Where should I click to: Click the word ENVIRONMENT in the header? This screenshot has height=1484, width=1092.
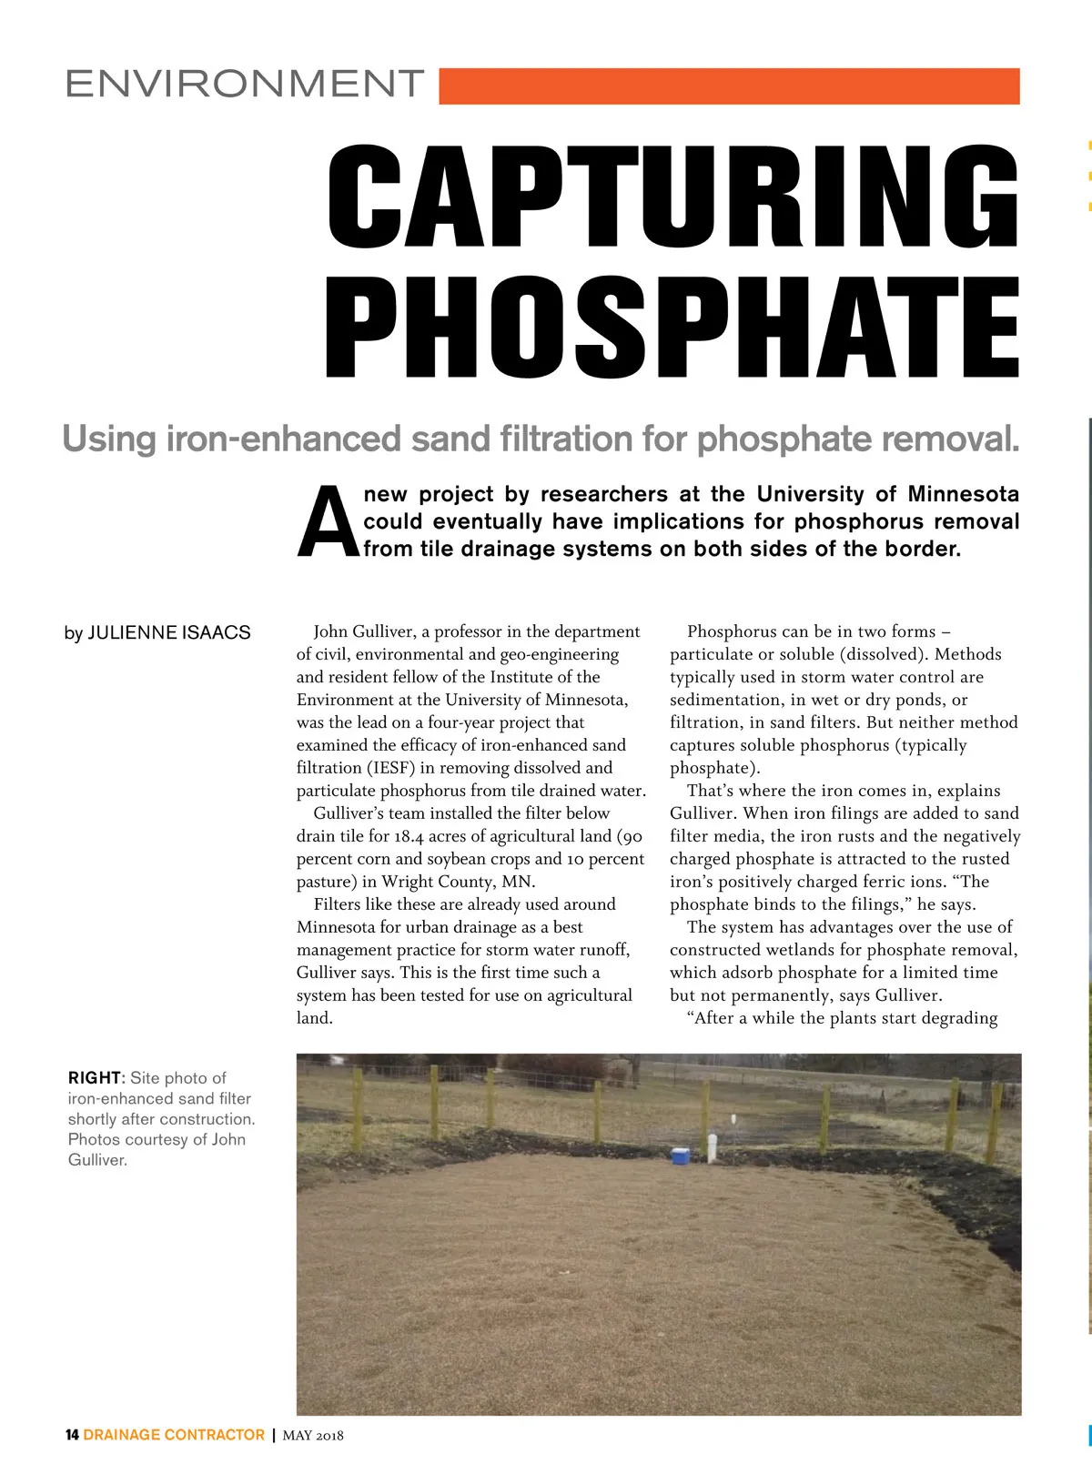pyautogui.click(x=245, y=84)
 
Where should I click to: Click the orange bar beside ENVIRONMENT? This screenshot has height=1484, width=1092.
pyautogui.click(x=728, y=86)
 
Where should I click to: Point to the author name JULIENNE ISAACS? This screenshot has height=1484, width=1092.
pyautogui.click(x=168, y=632)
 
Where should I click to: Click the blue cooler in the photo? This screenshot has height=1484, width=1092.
pyautogui.click(x=680, y=1156)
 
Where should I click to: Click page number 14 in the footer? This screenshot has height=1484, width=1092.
pyautogui.click(x=72, y=1435)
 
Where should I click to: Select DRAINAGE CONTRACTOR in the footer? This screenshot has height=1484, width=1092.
pyautogui.click(x=174, y=1435)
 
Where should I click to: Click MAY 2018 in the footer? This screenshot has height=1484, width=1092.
pyautogui.click(x=313, y=1436)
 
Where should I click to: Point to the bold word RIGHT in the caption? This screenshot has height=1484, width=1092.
pyautogui.click(x=94, y=1078)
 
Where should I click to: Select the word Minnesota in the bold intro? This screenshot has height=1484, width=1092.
pyautogui.click(x=963, y=494)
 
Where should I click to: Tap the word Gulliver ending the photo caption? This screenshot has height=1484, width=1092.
pyautogui.click(x=96, y=1160)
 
